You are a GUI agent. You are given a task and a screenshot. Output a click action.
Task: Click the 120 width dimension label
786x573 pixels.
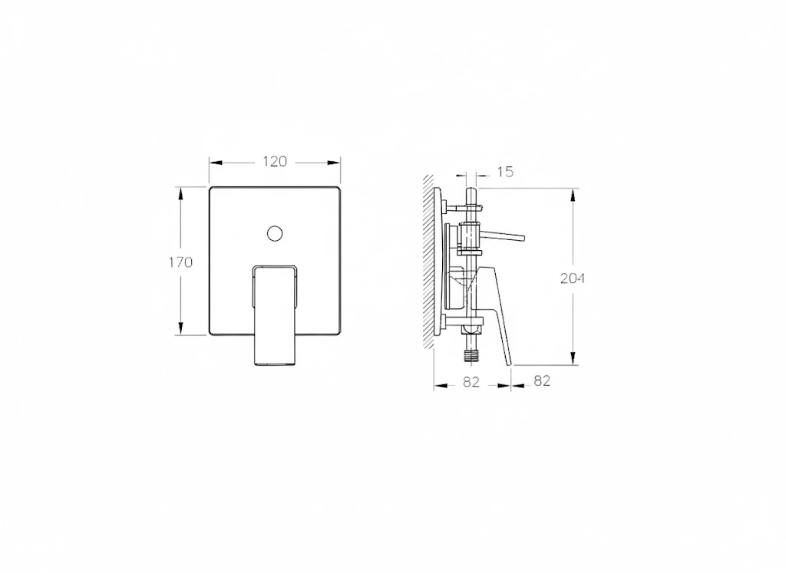[x=275, y=161]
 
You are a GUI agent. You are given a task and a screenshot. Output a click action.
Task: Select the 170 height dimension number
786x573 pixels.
[x=180, y=262]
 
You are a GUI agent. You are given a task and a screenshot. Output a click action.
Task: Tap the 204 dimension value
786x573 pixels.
[x=572, y=278]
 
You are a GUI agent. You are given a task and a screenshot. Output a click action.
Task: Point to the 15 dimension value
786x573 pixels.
[x=504, y=172]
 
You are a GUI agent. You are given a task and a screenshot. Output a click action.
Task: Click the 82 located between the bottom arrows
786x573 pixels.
[x=471, y=381]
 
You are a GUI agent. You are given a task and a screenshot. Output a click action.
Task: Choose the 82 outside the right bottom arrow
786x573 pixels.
[x=542, y=381]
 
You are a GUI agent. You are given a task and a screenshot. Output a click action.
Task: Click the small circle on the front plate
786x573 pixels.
[x=275, y=233]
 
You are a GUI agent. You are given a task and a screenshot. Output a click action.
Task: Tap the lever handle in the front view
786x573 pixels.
[x=275, y=314]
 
